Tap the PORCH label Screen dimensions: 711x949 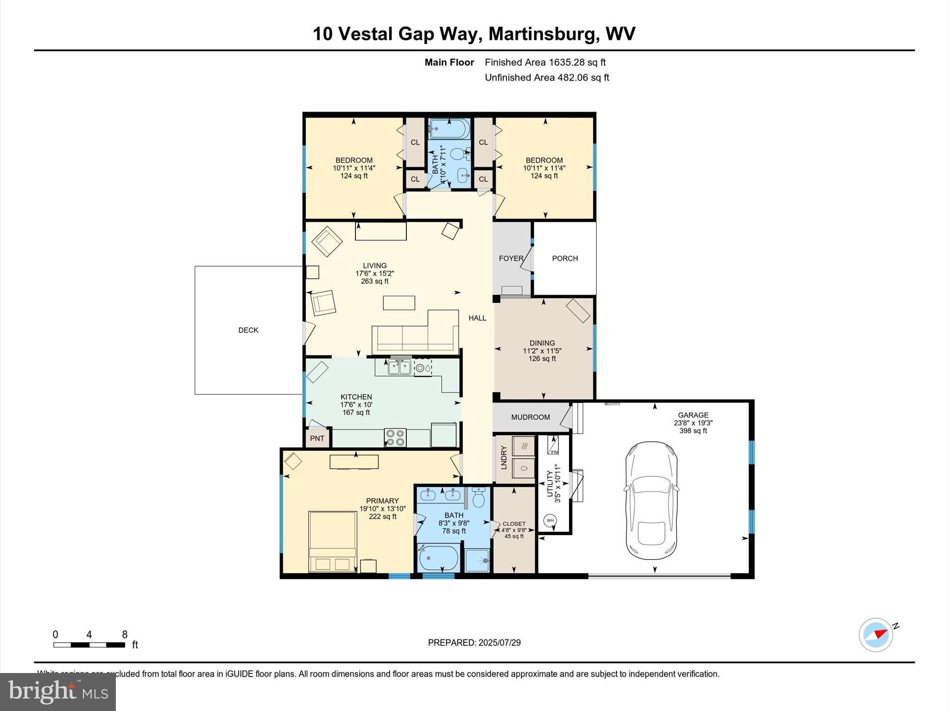click(x=565, y=258)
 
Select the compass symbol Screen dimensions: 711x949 click(x=876, y=635)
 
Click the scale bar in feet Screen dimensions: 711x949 click(x=89, y=644)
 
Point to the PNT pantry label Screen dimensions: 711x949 click(x=317, y=438)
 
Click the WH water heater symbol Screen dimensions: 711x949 click(x=550, y=520)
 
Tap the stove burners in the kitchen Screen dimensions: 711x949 click(x=395, y=437)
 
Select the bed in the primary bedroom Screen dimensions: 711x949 click(x=332, y=541)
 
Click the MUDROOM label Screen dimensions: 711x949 click(x=531, y=417)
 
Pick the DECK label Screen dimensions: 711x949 click(x=248, y=330)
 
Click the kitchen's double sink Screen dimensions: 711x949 click(x=399, y=368)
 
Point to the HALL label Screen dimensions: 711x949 click(x=477, y=318)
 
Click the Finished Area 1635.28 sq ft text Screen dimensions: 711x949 click(x=545, y=62)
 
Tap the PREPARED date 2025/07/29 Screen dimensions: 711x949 click(x=474, y=642)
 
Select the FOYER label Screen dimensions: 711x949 click(x=511, y=258)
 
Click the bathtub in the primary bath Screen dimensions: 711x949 click(x=438, y=558)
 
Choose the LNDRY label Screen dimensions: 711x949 click(x=504, y=457)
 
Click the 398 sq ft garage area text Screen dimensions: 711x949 click(x=693, y=430)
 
